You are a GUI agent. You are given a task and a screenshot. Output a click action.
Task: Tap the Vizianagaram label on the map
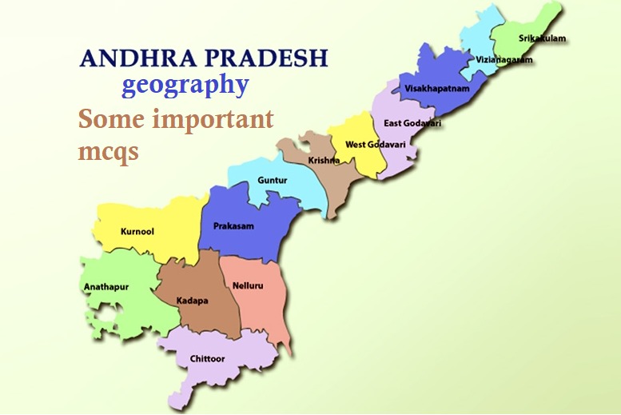tap(504, 60)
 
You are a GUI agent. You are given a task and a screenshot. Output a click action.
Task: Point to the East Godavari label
tap(412, 123)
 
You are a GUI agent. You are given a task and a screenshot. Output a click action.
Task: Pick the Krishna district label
tap(324, 161)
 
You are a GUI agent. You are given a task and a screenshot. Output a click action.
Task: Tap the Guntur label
tap(272, 181)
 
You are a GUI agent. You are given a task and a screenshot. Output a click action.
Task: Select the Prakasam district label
tap(233, 226)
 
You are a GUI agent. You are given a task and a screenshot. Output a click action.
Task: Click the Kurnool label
tap(137, 232)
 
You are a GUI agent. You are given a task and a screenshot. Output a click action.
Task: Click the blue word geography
tap(185, 86)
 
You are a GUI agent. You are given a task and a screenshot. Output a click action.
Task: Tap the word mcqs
tap(108, 151)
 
